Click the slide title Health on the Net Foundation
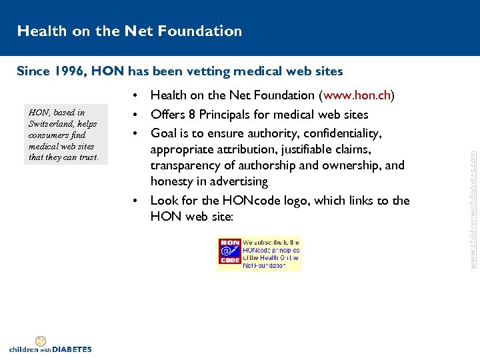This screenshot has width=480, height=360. coord(129,31)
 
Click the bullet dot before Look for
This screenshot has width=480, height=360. coord(136,201)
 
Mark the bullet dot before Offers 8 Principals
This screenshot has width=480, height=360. coord(136,115)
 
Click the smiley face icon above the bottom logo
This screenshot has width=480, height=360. coord(40,341)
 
